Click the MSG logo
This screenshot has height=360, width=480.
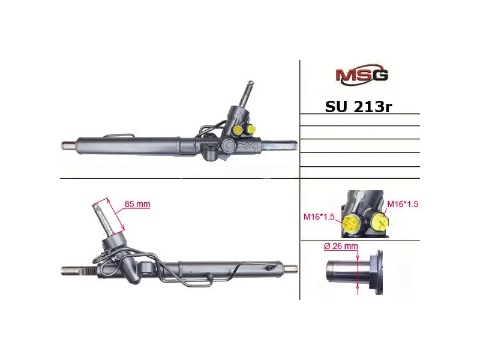click(362, 74)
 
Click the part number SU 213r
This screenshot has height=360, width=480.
click(358, 107)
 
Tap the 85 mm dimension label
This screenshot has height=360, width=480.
click(137, 204)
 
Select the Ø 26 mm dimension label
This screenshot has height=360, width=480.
click(340, 246)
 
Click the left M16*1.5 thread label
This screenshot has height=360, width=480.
click(319, 217)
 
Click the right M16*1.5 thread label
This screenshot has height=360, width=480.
click(403, 204)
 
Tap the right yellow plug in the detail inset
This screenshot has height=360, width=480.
click(380, 222)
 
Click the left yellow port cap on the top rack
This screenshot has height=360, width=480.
click(238, 130)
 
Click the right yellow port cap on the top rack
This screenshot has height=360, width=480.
click(251, 129)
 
